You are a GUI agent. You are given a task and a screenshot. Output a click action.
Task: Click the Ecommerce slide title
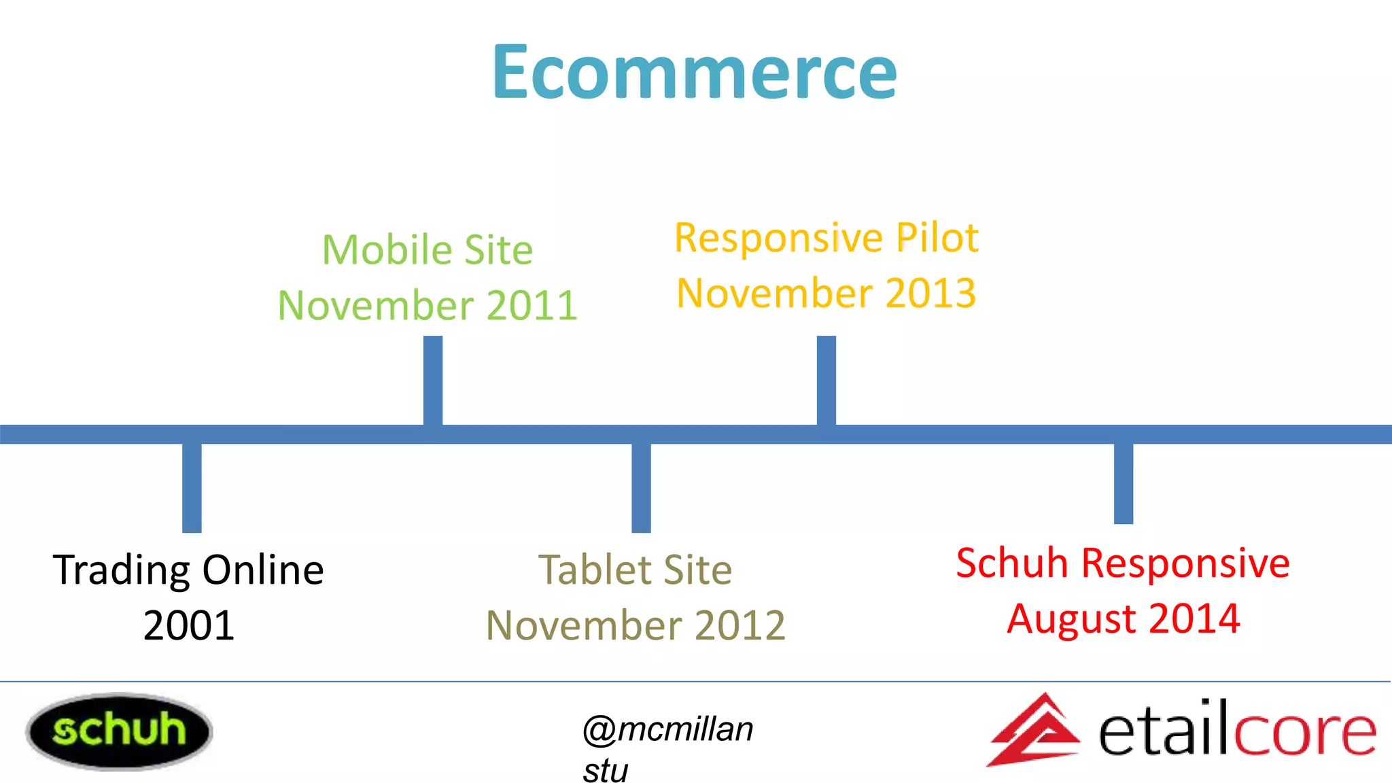(x=695, y=71)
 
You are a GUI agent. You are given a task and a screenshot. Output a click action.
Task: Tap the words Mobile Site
(x=428, y=249)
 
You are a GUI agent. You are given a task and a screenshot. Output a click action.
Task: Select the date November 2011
(x=428, y=305)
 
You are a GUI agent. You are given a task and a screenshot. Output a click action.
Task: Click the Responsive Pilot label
(x=826, y=238)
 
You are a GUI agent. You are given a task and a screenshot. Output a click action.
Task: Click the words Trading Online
(x=188, y=570)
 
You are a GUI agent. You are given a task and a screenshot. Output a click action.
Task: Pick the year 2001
(x=188, y=625)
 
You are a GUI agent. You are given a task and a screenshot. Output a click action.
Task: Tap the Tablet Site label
(x=636, y=570)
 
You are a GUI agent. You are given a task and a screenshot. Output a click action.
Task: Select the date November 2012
(x=636, y=625)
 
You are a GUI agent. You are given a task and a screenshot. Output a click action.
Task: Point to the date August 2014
(x=1123, y=619)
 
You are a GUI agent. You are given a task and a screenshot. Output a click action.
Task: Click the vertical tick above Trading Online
(x=192, y=487)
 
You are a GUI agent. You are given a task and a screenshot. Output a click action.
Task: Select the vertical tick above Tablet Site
(x=641, y=487)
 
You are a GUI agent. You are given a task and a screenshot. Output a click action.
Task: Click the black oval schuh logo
(x=119, y=731)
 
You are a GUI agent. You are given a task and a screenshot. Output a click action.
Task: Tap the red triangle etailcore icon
(x=1034, y=731)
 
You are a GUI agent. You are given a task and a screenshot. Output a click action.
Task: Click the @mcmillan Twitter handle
(x=668, y=730)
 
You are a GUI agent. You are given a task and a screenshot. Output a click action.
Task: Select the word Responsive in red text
(x=1185, y=563)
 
